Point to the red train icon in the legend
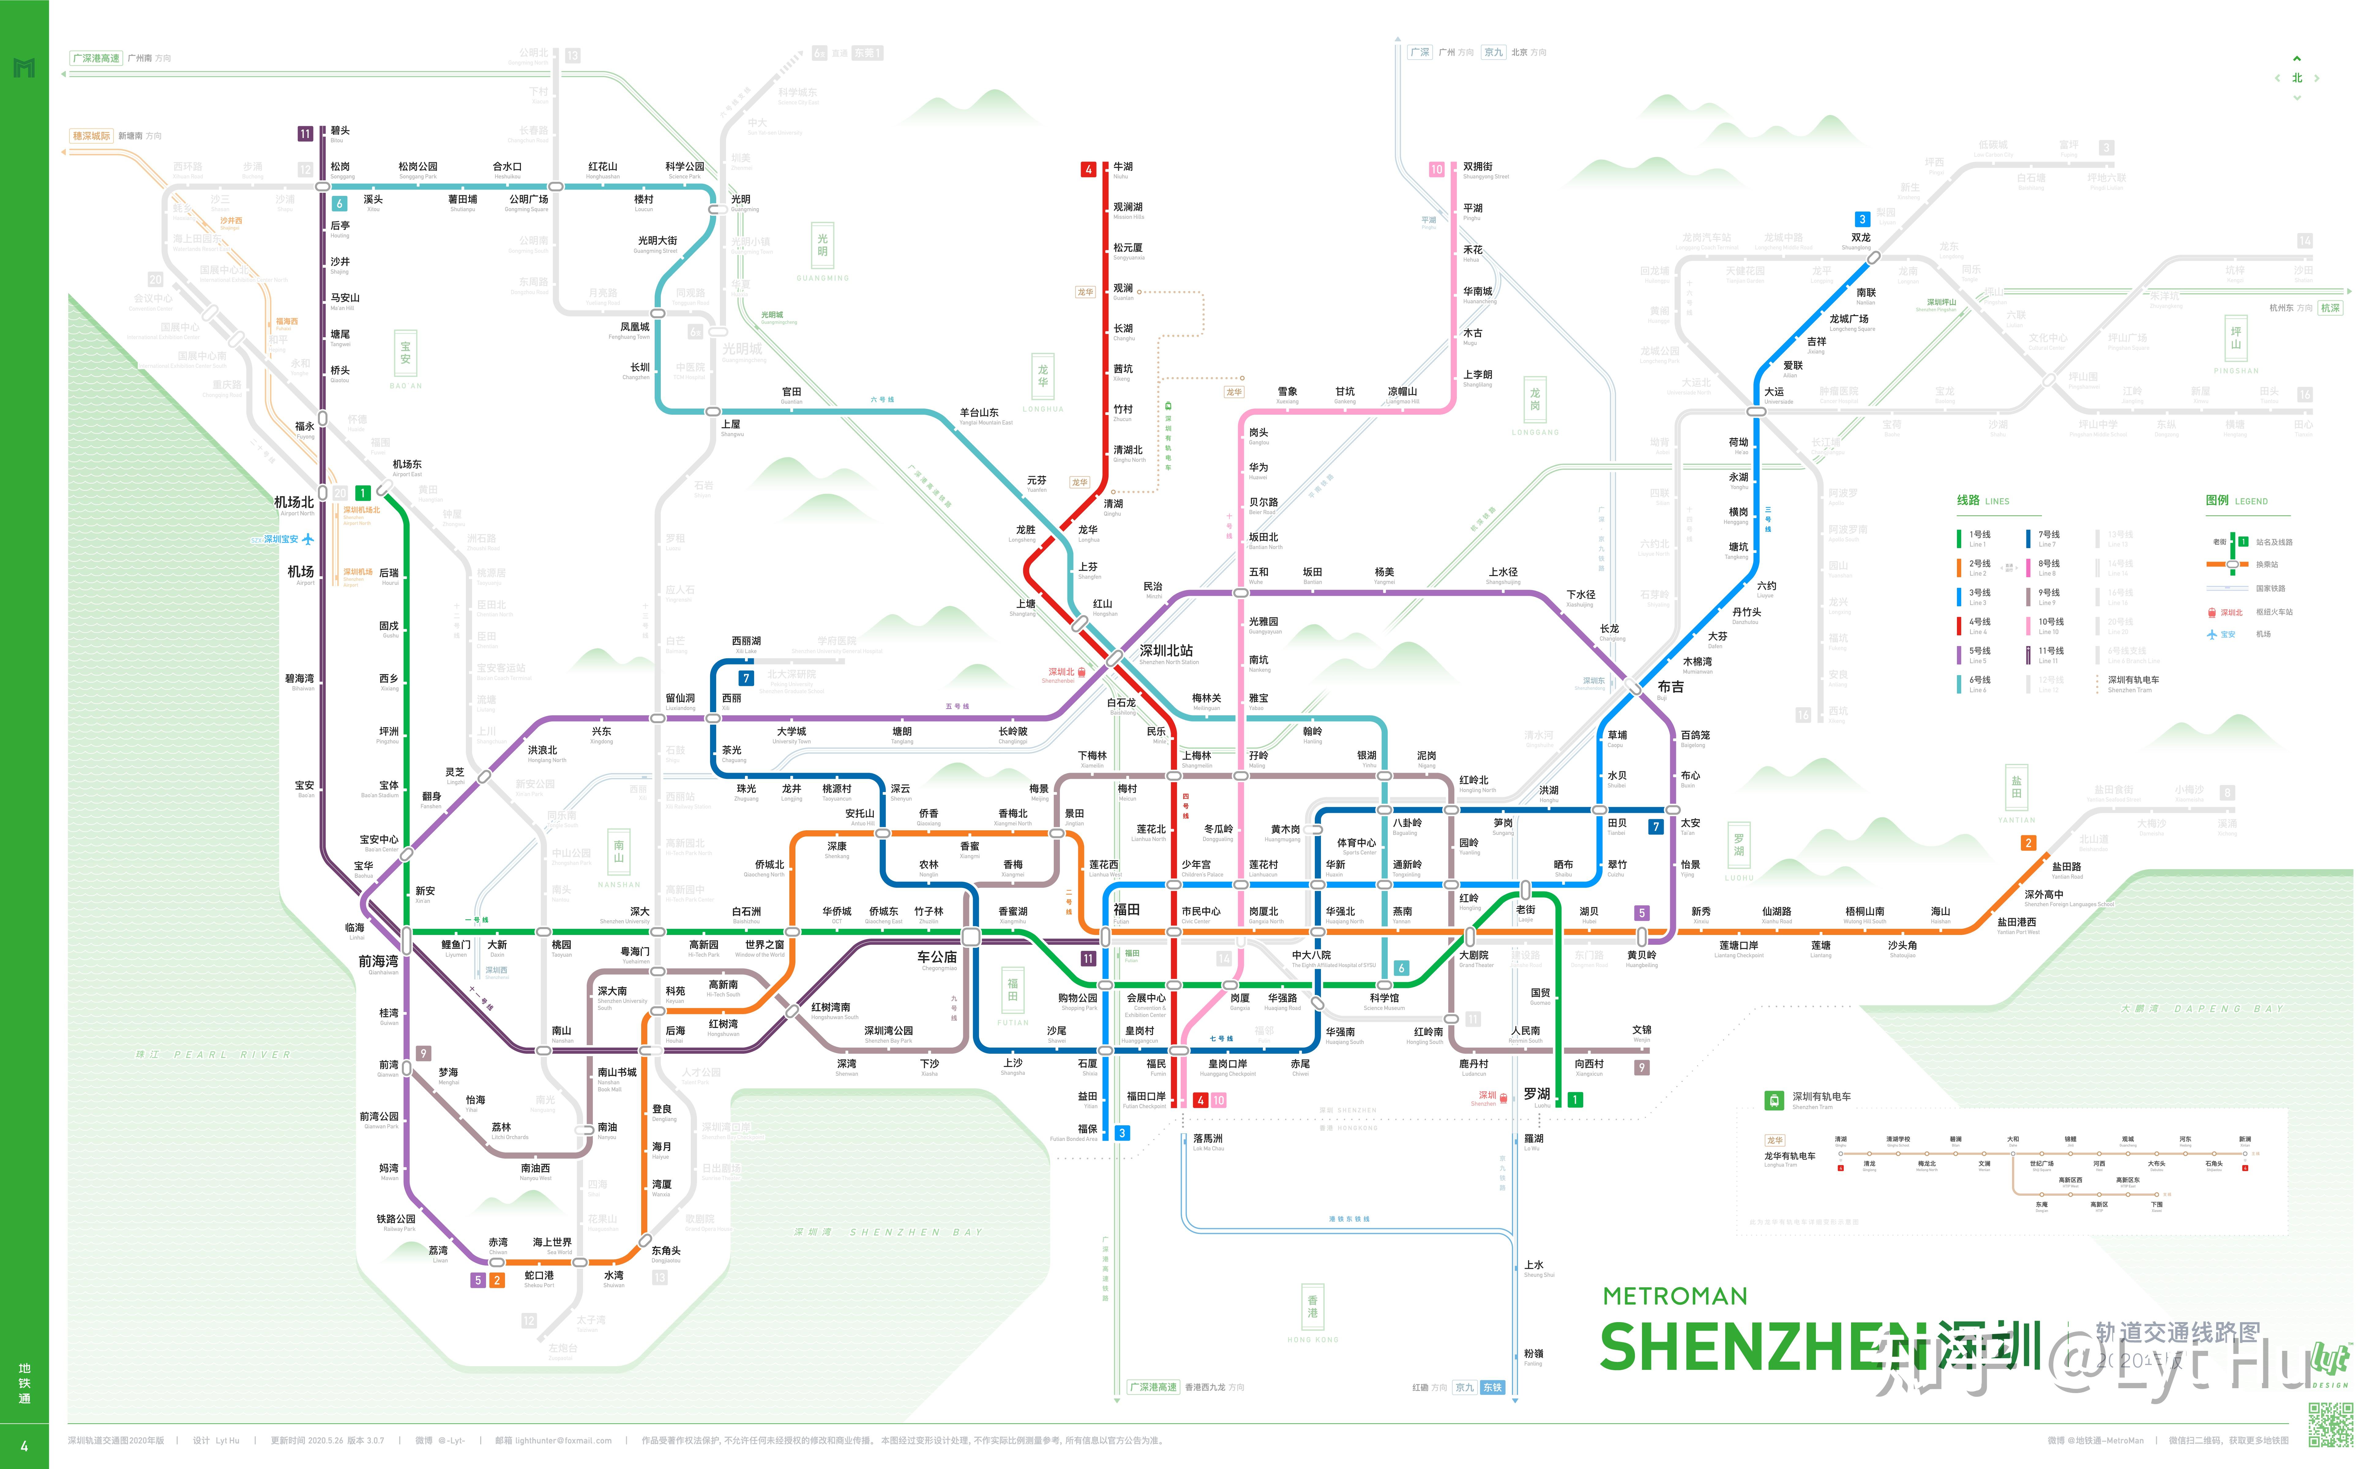(x=2212, y=612)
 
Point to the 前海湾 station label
(x=378, y=961)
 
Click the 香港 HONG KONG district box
(x=1312, y=1307)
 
